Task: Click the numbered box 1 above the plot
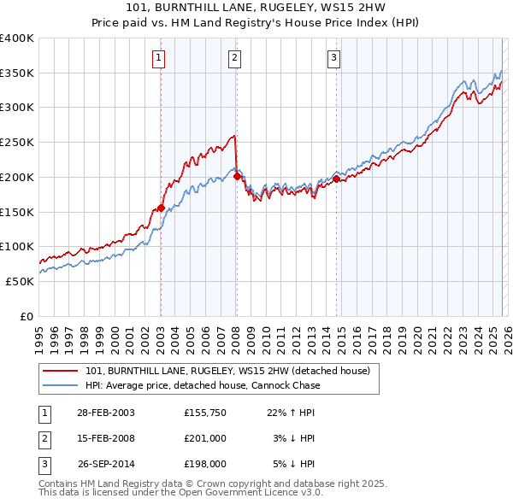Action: (x=160, y=58)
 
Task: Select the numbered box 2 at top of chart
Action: (x=234, y=58)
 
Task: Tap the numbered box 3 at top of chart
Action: (x=333, y=58)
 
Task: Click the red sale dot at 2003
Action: (x=161, y=208)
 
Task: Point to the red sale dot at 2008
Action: (x=237, y=177)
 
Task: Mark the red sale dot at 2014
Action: (x=336, y=179)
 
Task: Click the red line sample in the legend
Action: (x=61, y=372)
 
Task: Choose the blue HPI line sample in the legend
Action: (x=61, y=386)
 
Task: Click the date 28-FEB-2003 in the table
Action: (x=105, y=413)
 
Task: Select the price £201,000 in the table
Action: (x=204, y=438)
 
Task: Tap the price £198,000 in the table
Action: (x=204, y=465)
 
